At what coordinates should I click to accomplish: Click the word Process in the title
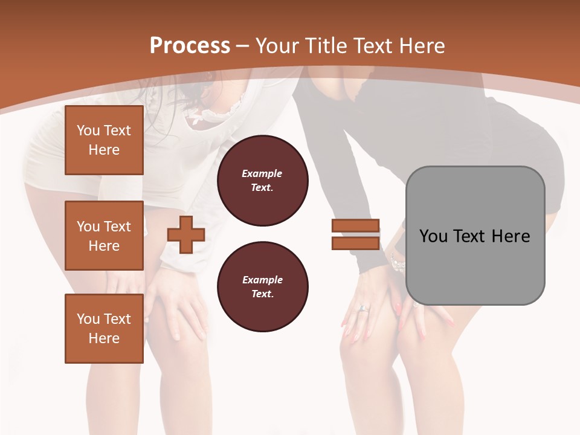coord(190,46)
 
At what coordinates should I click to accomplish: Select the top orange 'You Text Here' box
coord(104,140)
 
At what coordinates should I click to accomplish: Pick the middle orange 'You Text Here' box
coord(104,236)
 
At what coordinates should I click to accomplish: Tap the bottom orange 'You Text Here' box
coord(104,328)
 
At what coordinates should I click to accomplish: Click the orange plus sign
coord(186,234)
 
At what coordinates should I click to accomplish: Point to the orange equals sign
coord(355,234)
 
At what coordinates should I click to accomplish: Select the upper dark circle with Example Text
coord(263,181)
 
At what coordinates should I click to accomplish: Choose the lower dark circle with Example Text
coord(263,287)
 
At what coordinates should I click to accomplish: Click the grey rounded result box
coord(475,236)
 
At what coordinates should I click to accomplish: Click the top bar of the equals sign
coord(355,226)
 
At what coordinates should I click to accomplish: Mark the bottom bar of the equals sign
coord(355,243)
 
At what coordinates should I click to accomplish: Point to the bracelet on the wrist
coord(397,262)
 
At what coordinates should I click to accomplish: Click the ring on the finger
coord(364,309)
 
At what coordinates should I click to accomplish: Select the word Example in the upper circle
coord(262,173)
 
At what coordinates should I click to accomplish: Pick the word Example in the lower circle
coord(262,280)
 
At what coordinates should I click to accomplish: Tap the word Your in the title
coord(279,46)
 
